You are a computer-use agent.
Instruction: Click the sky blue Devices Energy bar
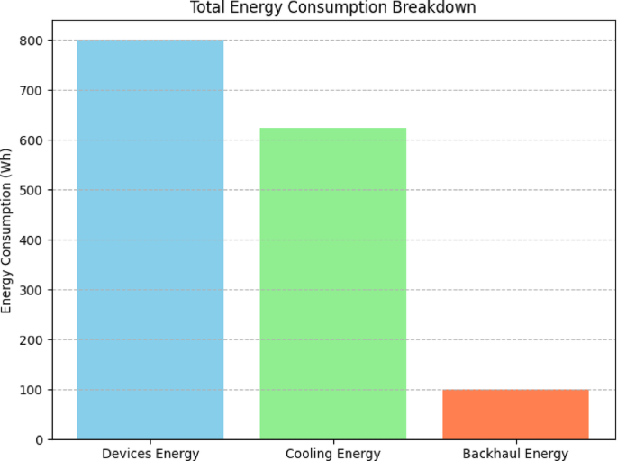click(x=150, y=240)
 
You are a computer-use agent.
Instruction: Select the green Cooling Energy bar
click(x=332, y=284)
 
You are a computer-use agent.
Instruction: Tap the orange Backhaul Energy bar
click(x=515, y=414)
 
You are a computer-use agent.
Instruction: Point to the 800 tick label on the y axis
click(x=32, y=41)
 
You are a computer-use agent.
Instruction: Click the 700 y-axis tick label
click(x=32, y=90)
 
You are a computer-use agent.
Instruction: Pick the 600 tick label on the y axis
click(x=32, y=140)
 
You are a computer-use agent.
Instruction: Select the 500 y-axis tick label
click(x=32, y=190)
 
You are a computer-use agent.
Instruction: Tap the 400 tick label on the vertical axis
click(x=32, y=240)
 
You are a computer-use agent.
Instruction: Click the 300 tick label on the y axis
click(x=32, y=290)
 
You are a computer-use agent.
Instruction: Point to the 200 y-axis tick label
click(x=32, y=339)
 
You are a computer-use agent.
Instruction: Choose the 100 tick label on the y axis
click(x=32, y=390)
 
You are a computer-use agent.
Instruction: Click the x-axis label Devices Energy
click(x=150, y=453)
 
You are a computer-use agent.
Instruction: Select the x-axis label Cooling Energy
click(x=332, y=453)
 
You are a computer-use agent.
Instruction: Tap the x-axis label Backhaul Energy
click(x=515, y=453)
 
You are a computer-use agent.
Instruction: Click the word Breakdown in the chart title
click(x=442, y=8)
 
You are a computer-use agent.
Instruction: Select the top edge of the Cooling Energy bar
click(x=332, y=128)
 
